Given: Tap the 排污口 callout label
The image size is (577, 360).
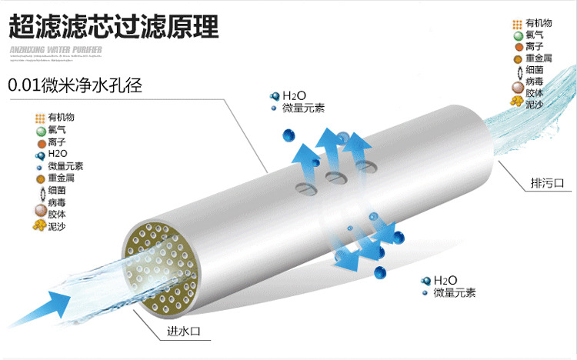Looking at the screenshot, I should [x=547, y=183].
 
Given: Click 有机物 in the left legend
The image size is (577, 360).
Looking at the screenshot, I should [x=62, y=118].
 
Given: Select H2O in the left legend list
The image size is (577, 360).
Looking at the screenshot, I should [x=57, y=154].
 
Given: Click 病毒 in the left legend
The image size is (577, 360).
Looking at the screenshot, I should [x=57, y=202].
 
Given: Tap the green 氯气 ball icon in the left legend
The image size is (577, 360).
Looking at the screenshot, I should [x=41, y=131].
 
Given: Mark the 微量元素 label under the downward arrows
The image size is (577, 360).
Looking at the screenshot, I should [x=455, y=292].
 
